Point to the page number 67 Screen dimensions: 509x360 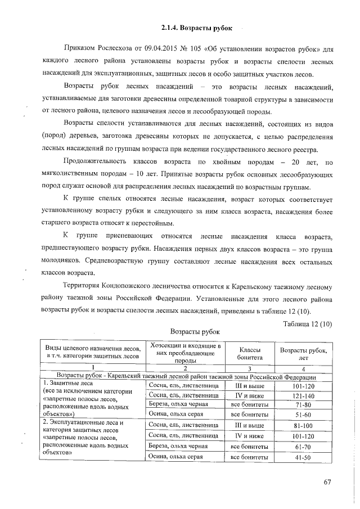pos(328,482)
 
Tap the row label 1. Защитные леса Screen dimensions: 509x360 pos(65,384)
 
